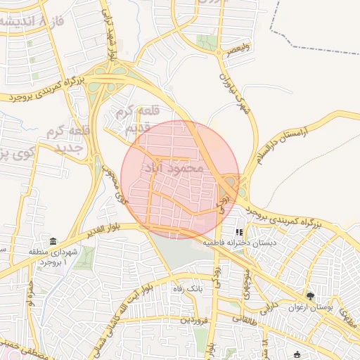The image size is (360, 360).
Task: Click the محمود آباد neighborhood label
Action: (x=172, y=168)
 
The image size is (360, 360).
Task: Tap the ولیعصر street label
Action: (x=234, y=51)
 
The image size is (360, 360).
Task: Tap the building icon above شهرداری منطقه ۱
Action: (x=53, y=241)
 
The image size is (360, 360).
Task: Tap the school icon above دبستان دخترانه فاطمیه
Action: (x=239, y=231)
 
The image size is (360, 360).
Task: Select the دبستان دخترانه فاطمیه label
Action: (x=240, y=243)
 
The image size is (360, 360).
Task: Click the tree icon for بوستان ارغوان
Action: (x=310, y=297)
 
